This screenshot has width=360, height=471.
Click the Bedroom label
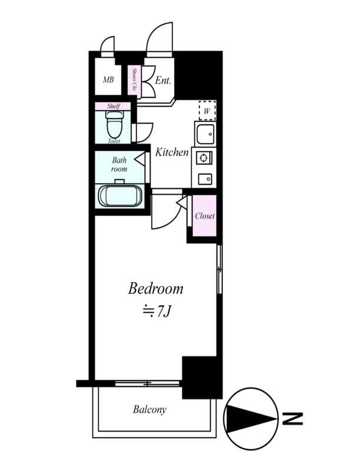pos(155,288)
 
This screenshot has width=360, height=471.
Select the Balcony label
pos(149,410)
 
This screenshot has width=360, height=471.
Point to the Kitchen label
pos(172,152)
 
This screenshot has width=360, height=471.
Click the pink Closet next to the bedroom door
pos(205,216)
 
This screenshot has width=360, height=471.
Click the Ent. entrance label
pos(163,81)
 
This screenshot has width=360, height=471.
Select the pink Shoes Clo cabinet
pos(135,81)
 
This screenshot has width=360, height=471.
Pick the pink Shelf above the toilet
pos(114,106)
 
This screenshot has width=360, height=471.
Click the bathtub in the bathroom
pos(120,196)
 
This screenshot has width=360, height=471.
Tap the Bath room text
pos(119,164)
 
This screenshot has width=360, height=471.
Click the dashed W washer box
pos(207,110)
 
